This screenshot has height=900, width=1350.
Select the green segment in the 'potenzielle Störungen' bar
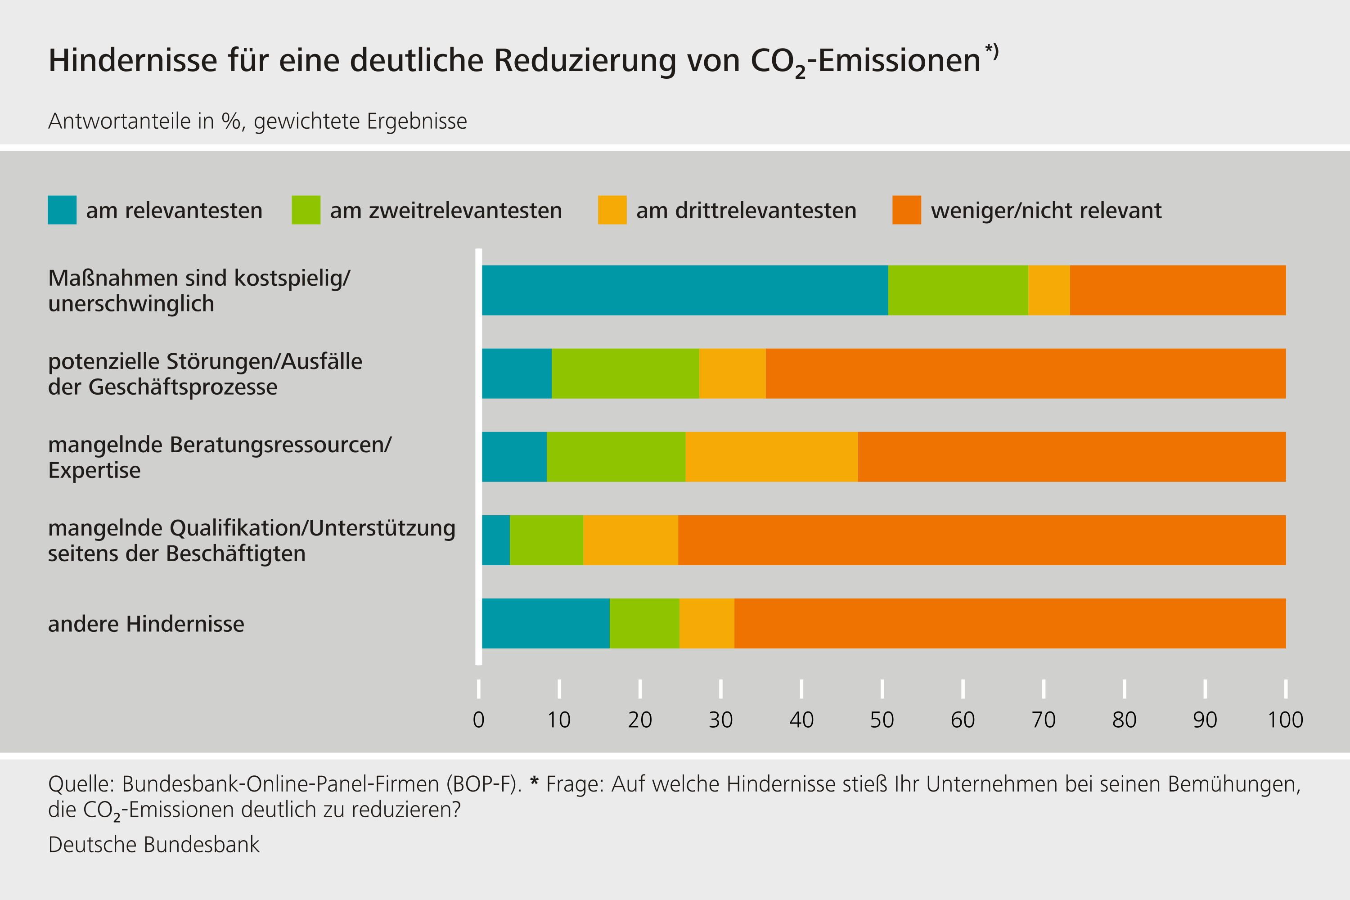(625, 373)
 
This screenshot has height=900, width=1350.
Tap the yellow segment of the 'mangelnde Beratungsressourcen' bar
(771, 456)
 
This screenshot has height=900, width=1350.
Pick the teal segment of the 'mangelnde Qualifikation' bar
(495, 540)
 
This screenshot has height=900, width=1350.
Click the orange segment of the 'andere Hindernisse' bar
(1010, 623)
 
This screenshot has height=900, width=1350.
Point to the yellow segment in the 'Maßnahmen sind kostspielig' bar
(1048, 290)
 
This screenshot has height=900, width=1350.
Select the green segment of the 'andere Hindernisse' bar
(644, 623)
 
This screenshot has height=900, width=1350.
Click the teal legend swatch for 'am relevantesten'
(62, 210)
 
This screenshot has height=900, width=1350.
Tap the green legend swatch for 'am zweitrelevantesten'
(306, 210)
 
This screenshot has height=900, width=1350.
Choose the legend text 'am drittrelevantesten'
(746, 211)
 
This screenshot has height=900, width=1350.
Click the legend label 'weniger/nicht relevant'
(1046, 211)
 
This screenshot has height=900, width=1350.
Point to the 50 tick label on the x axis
(882, 720)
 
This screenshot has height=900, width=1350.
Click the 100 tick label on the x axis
(1285, 720)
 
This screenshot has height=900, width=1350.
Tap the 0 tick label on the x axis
(478, 720)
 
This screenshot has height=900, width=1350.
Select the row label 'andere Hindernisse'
(146, 624)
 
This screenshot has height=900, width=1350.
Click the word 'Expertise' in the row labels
(94, 470)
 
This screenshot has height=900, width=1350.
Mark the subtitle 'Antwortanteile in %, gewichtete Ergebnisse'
(257, 121)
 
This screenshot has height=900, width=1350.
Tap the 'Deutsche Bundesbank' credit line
(153, 844)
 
